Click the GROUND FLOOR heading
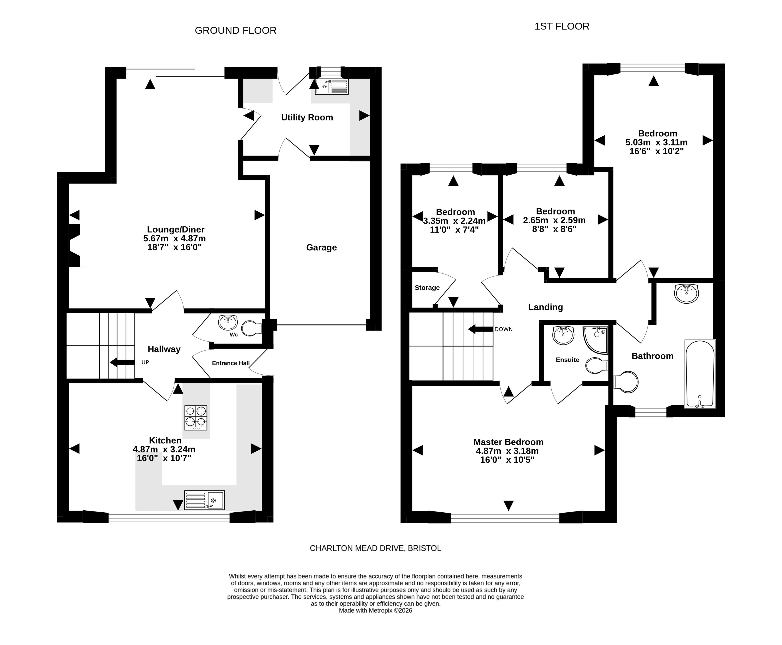[x=236, y=30]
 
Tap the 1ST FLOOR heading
[x=562, y=26]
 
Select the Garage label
[x=322, y=248]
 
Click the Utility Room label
[x=307, y=117]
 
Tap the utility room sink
[x=332, y=87]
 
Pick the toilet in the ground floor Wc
[x=252, y=328]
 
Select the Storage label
[x=427, y=288]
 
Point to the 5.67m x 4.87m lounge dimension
[x=174, y=238]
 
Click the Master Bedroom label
[x=508, y=442]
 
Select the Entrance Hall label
[x=231, y=363]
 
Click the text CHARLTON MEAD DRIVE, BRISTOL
[x=375, y=548]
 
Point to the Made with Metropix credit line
[x=375, y=610]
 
